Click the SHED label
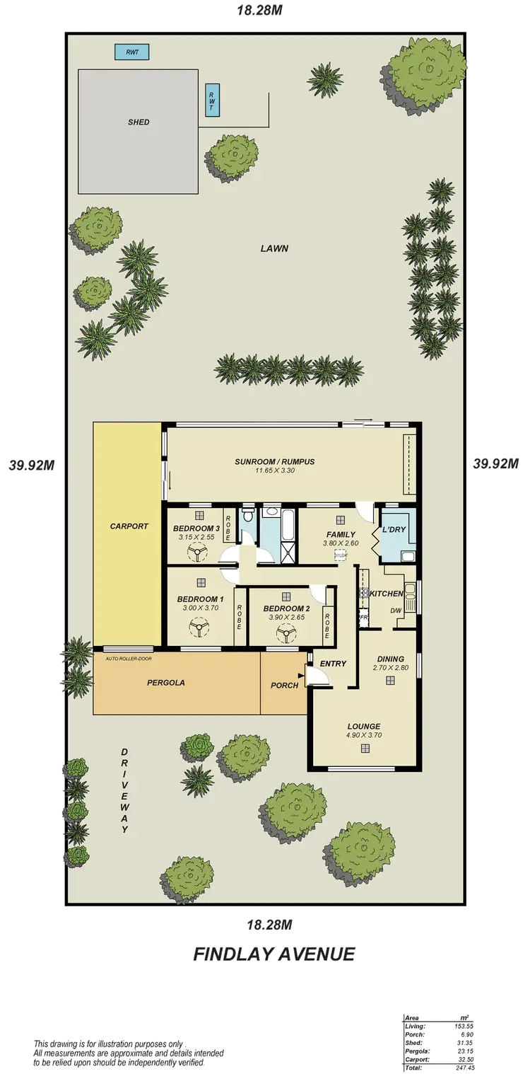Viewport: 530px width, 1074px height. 139,122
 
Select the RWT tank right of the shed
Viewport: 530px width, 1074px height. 211,100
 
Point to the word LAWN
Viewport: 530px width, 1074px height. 275,248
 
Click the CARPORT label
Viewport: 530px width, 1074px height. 129,526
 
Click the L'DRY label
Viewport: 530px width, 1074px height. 394,530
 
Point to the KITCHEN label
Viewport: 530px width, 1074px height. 387,594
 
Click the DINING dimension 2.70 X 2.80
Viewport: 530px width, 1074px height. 390,667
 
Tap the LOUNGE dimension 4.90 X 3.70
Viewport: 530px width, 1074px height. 364,735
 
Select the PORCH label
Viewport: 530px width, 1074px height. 284,686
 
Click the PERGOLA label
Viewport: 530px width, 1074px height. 166,683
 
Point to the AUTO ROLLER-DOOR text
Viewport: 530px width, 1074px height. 129,659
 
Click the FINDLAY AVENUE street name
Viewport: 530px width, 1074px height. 273,954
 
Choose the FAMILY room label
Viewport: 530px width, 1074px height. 341,534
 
